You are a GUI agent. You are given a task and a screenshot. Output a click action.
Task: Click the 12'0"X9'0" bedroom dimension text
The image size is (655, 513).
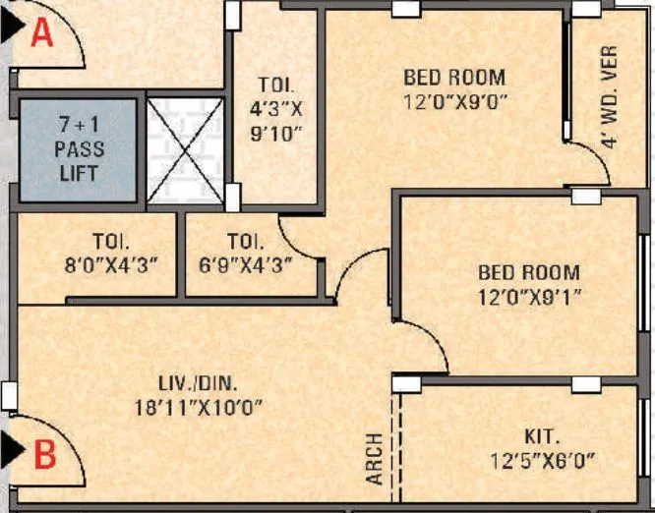[x=453, y=101]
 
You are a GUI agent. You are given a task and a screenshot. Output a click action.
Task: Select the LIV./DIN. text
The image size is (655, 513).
[x=200, y=382]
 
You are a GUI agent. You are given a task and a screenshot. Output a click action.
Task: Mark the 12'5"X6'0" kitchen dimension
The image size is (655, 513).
[x=542, y=458]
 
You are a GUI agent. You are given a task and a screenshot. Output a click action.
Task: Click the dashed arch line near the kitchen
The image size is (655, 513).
[x=397, y=442]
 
